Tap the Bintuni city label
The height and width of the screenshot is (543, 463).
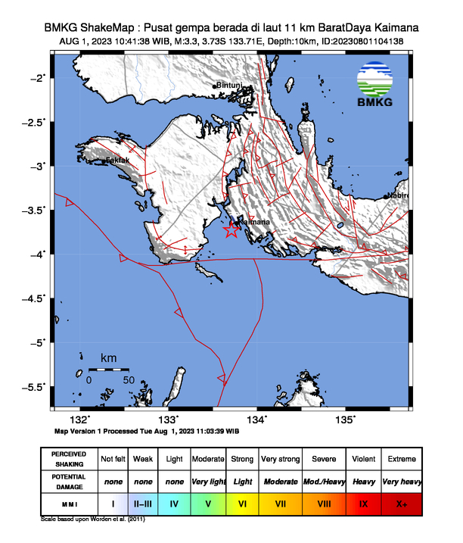point(230,86)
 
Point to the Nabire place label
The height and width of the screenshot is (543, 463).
point(398,195)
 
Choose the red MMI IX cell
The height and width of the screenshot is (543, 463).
point(362,502)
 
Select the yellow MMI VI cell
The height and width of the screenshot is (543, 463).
point(242,502)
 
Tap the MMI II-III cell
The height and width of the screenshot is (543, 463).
point(142,502)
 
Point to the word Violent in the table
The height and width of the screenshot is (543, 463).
point(362,459)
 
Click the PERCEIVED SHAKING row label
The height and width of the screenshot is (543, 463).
point(69,459)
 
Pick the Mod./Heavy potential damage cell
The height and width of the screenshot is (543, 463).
point(322,481)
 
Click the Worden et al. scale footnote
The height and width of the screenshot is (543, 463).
point(92,520)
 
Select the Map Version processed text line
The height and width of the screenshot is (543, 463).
point(147,430)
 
